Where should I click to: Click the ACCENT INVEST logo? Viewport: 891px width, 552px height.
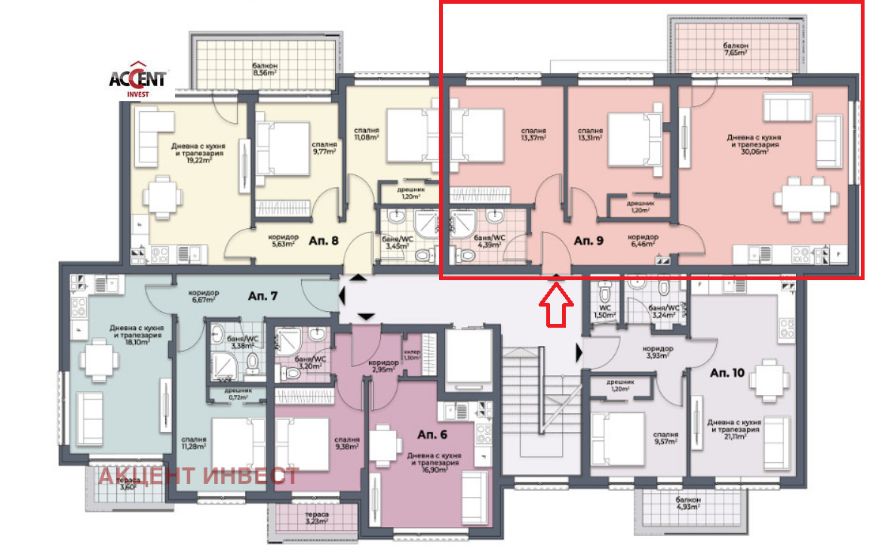(138, 79)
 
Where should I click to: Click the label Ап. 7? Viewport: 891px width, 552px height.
(263, 295)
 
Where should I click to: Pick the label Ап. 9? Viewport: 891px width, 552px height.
(588, 241)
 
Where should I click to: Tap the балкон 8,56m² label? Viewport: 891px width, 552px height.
(265, 69)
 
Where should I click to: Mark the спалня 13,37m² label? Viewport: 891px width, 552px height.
(534, 133)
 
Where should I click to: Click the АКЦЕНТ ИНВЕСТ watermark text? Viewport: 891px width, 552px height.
(198, 476)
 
